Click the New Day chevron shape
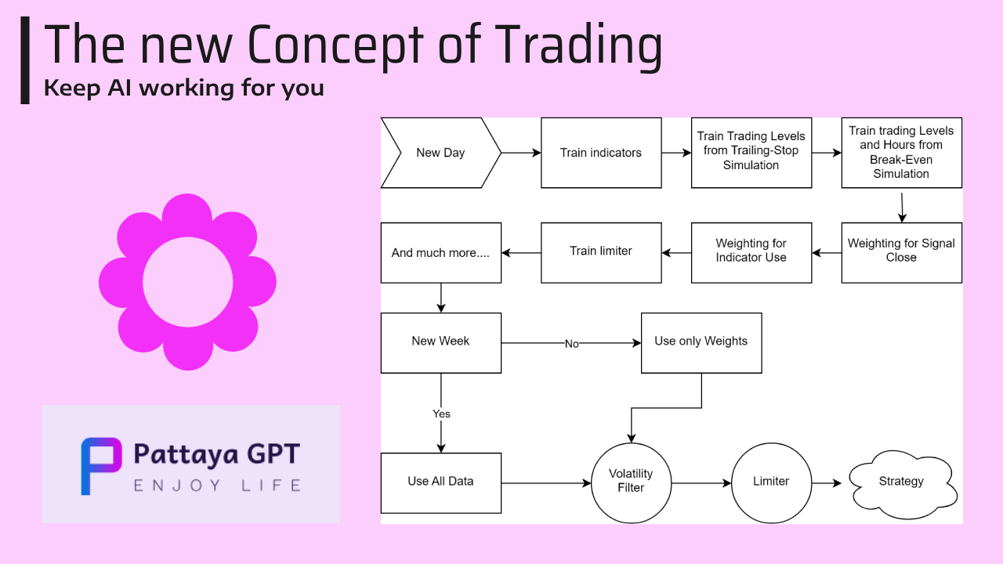pos(441,153)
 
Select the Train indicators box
pos(601,153)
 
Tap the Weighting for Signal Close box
pos(901,253)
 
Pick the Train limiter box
pos(601,253)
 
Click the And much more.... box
pos(441,253)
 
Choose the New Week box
pos(441,343)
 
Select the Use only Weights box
pos(701,343)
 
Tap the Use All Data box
pos(441,483)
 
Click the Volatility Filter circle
pos(632,483)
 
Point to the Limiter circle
pos(772,483)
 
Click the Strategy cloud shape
pos(901,483)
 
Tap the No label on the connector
pos(572,344)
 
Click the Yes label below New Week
pos(441,414)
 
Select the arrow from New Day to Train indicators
pos(521,153)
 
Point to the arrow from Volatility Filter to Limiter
pos(701,483)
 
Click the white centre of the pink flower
pos(187,282)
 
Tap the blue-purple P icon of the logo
pos(101,466)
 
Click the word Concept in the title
pos(335,45)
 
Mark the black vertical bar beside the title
pos(25,60)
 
